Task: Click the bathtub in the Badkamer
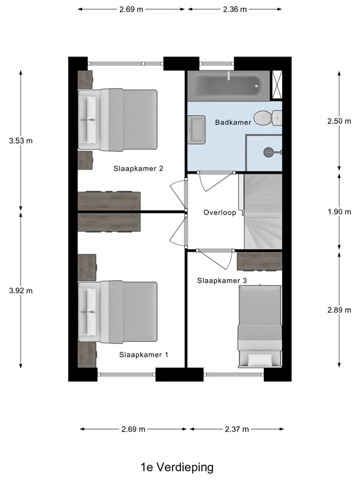[x=228, y=86]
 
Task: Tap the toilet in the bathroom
[x=267, y=118]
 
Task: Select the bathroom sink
[x=196, y=129]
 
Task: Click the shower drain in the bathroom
[x=268, y=152]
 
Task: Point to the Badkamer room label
[x=233, y=122]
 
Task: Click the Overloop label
[x=220, y=212]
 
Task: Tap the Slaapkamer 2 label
[x=138, y=168]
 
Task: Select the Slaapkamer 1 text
[x=143, y=354]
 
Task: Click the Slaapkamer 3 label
[x=222, y=280]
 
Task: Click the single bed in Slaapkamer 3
[x=260, y=326]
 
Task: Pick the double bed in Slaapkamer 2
[x=117, y=120]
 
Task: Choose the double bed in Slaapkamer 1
[x=117, y=312]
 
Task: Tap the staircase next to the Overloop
[x=263, y=211]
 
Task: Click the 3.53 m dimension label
[x=21, y=141]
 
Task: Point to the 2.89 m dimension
[x=339, y=310]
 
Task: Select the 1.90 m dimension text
[x=339, y=212]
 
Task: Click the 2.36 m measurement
[x=235, y=9]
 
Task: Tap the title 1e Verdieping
[x=177, y=467]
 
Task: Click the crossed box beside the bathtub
[x=277, y=85]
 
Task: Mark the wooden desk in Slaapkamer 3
[x=259, y=261]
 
